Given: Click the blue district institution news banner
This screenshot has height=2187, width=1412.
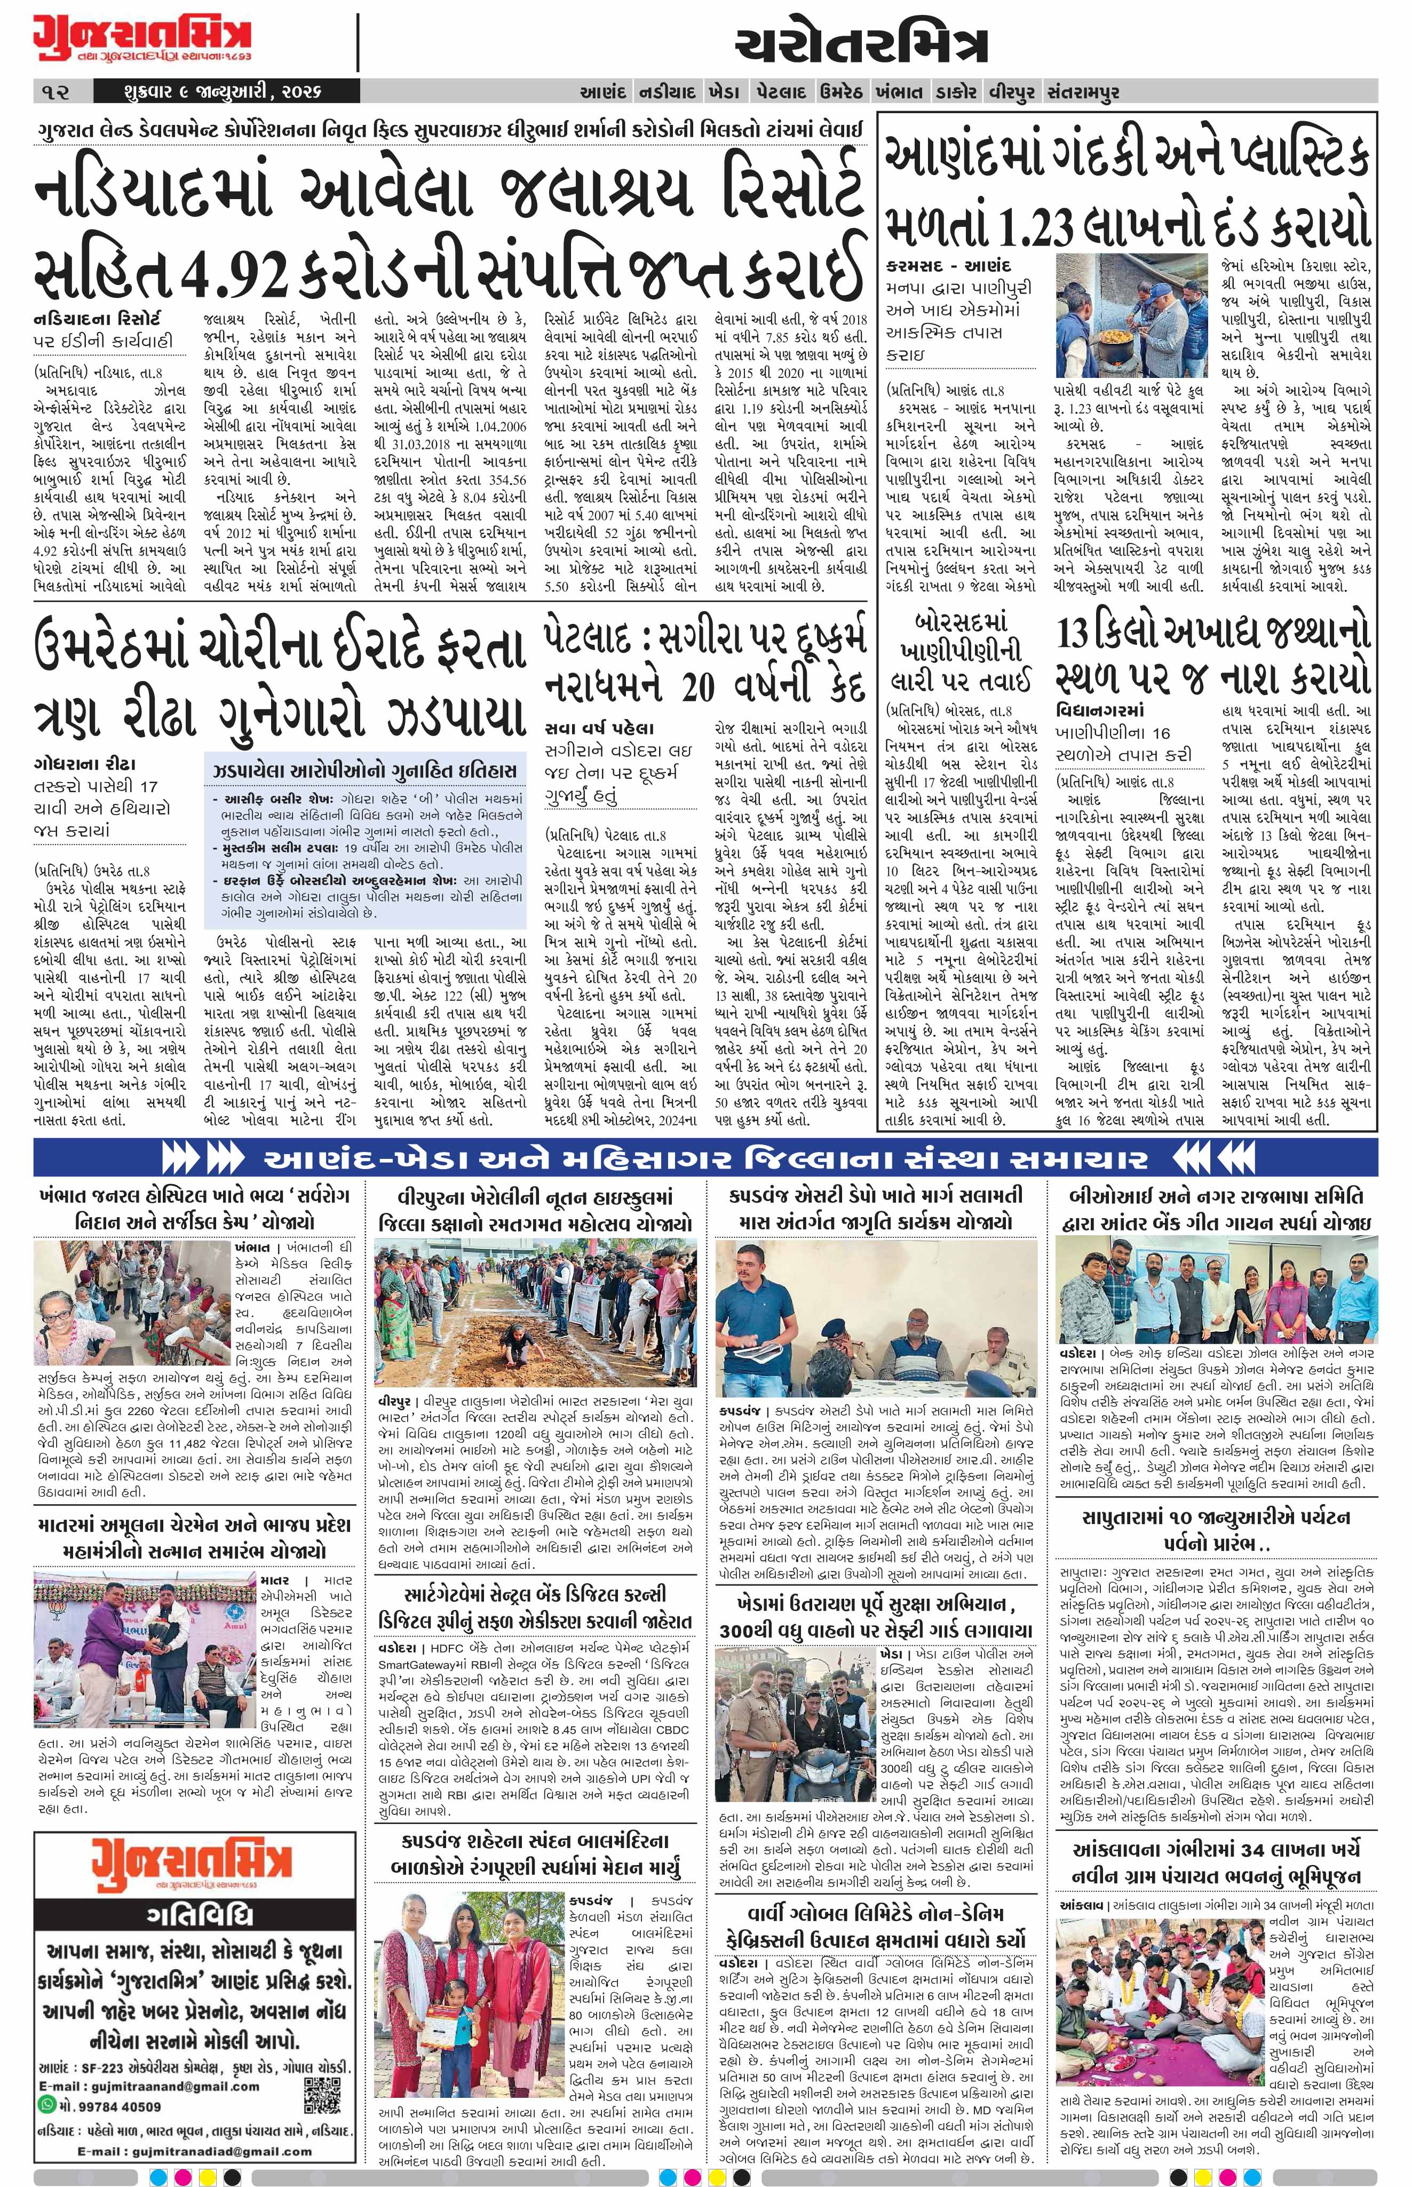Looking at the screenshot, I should coord(705,1159).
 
